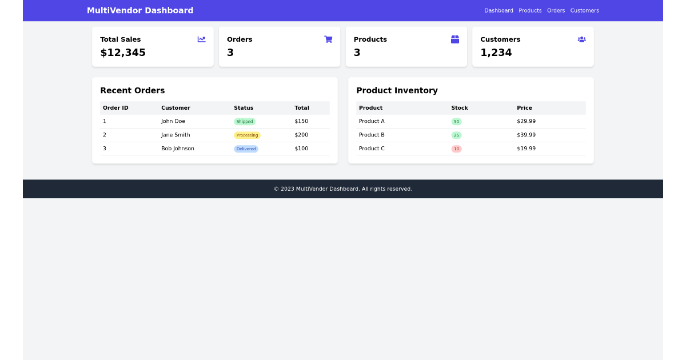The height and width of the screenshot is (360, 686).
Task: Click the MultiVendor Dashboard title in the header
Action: pos(140,10)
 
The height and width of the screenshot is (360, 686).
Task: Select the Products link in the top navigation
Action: pos(530,10)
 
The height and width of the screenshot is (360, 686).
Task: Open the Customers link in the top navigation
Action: pos(584,10)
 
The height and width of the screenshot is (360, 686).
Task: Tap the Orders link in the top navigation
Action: pos(556,10)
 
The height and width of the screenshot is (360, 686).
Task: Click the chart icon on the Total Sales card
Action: pos(202,39)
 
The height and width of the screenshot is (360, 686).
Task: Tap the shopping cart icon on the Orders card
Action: pos(328,39)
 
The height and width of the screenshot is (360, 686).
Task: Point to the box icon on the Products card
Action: pos(455,39)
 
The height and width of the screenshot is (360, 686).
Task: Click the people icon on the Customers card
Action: pos(581,39)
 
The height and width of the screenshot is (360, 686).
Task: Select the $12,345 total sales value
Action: pos(123,53)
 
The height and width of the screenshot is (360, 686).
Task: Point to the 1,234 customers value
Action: pos(496,53)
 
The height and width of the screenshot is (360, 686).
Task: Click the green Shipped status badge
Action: pos(245,122)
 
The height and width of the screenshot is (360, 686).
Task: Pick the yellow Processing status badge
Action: pos(247,135)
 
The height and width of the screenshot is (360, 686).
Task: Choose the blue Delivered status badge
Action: pos(246,149)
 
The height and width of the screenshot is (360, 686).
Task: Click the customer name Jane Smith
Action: pos(176,135)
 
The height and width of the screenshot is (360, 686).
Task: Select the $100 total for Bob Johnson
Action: pos(301,149)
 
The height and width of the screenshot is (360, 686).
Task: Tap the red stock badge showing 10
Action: pos(456,149)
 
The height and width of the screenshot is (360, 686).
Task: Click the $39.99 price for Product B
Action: pos(526,135)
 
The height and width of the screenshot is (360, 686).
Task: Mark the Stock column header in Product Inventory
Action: pos(460,108)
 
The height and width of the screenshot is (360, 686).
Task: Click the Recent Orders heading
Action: pos(133,90)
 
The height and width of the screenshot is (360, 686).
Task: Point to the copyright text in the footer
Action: pos(343,189)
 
